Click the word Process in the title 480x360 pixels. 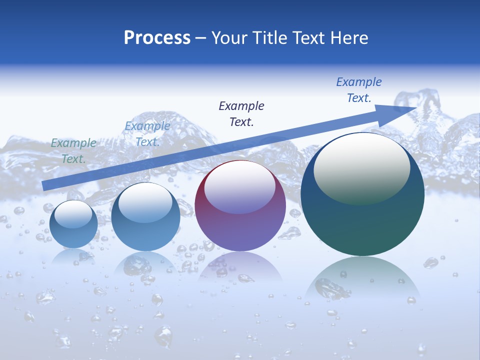(157, 38)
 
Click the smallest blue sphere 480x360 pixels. (73, 224)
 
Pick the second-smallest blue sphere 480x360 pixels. (145, 217)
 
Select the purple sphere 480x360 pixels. (240, 206)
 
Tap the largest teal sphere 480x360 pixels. (362, 194)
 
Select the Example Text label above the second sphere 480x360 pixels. (147, 134)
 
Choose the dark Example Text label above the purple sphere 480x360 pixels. (241, 113)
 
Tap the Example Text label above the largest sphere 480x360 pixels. (359, 90)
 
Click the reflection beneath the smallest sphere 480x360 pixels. (73, 256)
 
